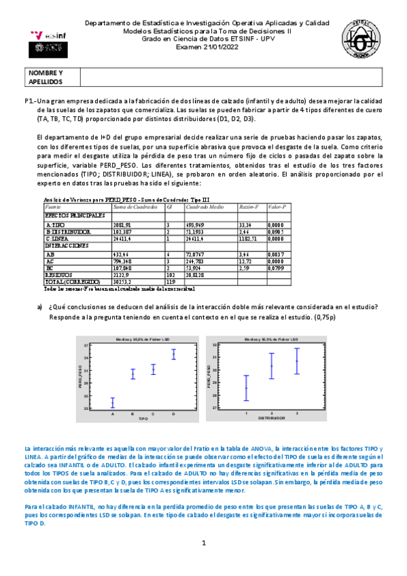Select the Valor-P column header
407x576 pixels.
pos(278,206)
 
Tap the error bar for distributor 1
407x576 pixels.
pos(246,388)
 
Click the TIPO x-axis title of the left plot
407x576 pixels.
pos(143,418)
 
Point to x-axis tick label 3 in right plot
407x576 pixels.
pos(296,412)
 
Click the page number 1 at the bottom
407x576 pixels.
pos(203,543)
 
